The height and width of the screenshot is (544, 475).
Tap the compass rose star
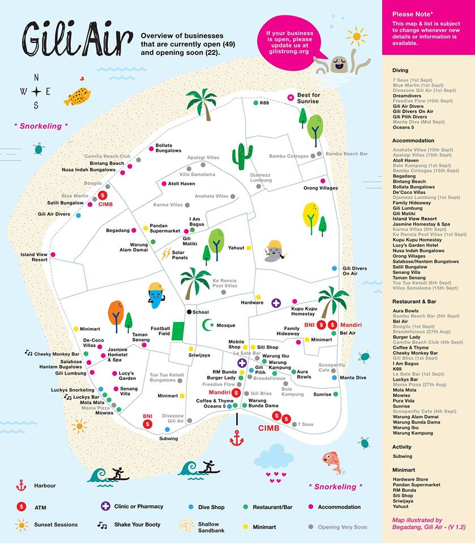point(36,91)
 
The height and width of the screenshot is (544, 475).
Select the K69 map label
point(264,103)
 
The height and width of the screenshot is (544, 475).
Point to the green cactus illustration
point(242,156)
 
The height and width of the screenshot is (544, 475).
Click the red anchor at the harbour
point(236,437)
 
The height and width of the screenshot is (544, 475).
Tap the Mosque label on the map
point(225,325)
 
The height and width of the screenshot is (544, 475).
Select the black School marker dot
point(189,312)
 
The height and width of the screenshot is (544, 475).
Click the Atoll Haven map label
point(182,184)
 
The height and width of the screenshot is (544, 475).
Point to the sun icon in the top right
point(357,36)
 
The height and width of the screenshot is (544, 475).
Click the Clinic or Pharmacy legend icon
point(105,506)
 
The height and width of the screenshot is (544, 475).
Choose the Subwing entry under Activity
point(402,456)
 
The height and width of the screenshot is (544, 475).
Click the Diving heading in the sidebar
point(400,70)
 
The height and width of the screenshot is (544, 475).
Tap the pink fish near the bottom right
point(332,461)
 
